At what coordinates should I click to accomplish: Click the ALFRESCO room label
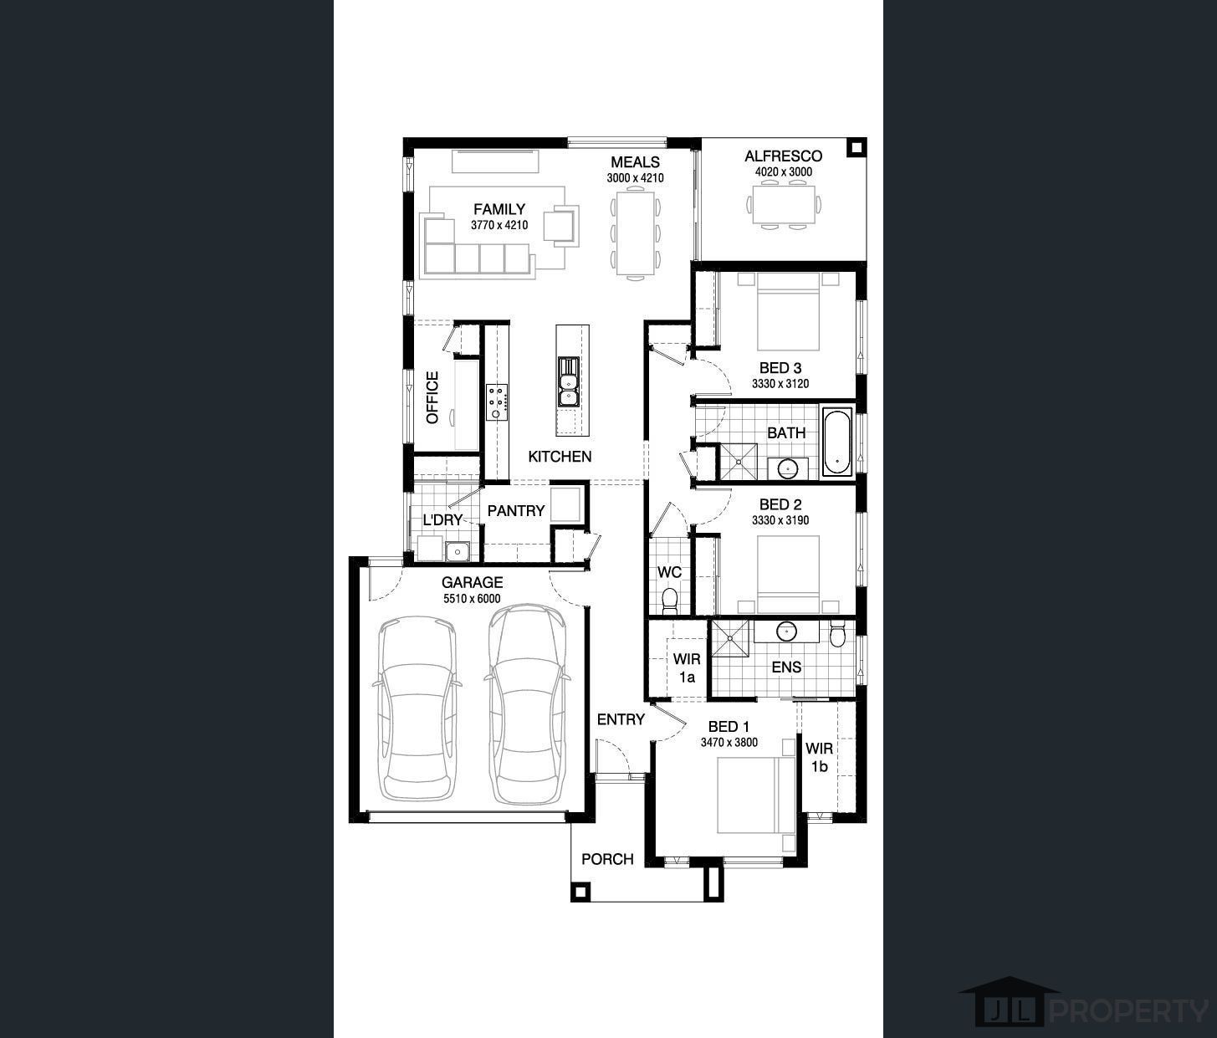tap(783, 156)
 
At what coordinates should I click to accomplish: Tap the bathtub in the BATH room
tap(836, 442)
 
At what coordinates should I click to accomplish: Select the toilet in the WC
tap(670, 601)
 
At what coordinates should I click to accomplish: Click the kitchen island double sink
tap(568, 381)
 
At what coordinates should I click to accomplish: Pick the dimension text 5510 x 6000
tap(472, 599)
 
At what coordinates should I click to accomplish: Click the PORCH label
tap(607, 859)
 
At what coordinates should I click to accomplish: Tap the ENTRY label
tap(621, 719)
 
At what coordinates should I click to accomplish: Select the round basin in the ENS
tap(786, 631)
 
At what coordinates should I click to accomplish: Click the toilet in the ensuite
tap(836, 633)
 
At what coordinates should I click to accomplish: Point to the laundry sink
tap(457, 551)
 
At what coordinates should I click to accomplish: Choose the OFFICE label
tap(432, 397)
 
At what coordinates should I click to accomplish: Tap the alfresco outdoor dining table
tap(784, 205)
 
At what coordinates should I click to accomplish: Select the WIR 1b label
tap(819, 758)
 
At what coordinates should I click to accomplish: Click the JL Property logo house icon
tap(1010, 1008)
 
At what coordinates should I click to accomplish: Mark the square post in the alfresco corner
tap(857, 147)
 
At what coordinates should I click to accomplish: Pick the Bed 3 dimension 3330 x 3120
tap(780, 384)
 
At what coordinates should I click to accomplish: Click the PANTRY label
tap(516, 510)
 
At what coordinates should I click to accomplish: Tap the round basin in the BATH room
tap(787, 468)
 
